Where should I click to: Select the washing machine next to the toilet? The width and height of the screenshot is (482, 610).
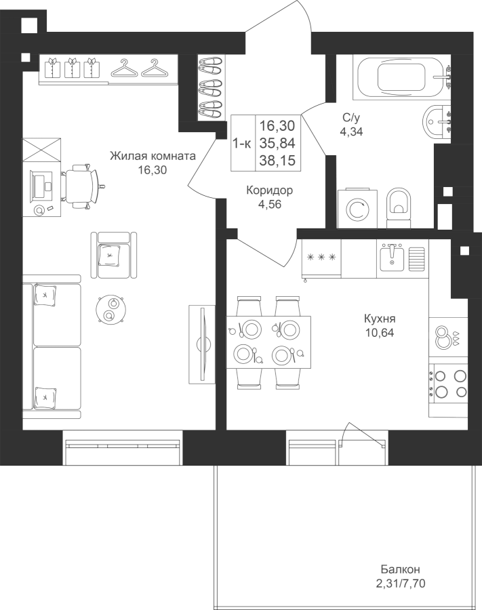(357, 208)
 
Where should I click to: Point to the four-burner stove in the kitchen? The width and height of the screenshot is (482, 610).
(448, 383)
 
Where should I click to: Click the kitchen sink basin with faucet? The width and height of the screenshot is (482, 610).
(392, 257)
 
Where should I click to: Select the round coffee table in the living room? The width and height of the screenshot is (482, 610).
(111, 309)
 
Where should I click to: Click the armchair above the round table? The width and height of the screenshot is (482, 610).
(114, 255)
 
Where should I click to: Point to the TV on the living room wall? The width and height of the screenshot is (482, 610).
(202, 344)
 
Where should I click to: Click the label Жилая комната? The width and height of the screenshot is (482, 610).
(153, 156)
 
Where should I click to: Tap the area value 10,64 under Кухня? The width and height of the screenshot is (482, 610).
(380, 333)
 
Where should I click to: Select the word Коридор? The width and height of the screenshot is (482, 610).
(270, 190)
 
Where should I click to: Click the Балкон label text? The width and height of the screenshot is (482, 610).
(400, 569)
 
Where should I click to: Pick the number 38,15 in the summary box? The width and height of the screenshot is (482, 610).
(277, 160)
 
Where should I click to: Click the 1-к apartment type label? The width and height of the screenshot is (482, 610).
(242, 143)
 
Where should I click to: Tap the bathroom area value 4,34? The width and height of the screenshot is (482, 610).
(352, 131)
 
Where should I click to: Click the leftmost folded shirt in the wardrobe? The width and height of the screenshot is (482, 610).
(52, 68)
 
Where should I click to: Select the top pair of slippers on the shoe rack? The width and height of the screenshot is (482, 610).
(210, 64)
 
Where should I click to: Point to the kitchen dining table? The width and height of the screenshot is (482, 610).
(268, 342)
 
